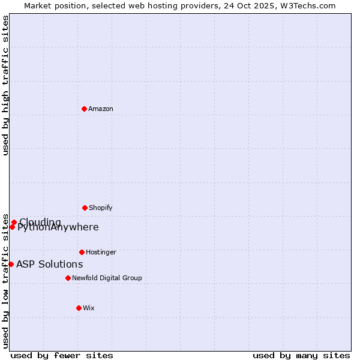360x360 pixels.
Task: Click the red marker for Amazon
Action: [84, 109]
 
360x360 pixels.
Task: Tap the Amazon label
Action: [101, 109]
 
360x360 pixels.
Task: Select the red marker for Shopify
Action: [85, 208]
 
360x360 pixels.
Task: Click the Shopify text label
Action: [101, 208]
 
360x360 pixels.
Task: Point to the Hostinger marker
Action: [82, 252]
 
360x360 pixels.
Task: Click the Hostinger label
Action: [101, 253]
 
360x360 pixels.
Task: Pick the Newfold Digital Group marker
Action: [68, 278]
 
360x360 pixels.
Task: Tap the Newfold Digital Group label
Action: [107, 278]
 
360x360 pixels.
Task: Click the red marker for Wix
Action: [79, 308]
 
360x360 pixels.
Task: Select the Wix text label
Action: [89, 308]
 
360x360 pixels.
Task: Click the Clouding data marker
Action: [14, 222]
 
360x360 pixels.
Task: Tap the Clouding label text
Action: [40, 223]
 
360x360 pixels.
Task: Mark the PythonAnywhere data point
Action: [12, 227]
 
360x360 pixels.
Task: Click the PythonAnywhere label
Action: [58, 227]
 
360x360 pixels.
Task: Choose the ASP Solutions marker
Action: [11, 264]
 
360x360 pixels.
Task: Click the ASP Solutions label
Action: [50, 265]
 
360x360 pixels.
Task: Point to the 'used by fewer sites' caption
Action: [62, 355]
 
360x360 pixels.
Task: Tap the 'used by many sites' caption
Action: [301, 355]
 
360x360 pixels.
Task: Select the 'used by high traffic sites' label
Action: [6, 85]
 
